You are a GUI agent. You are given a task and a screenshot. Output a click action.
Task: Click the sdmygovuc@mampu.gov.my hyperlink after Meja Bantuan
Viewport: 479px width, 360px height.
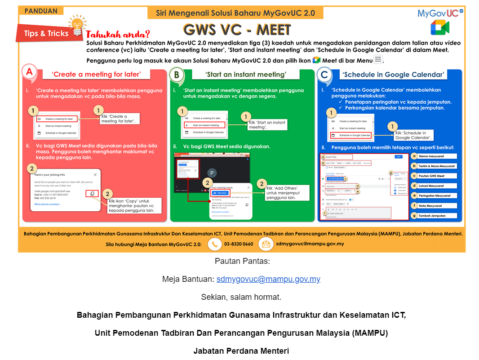coord(268,279)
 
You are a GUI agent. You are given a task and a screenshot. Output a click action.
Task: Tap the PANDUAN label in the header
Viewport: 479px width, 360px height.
coord(41,11)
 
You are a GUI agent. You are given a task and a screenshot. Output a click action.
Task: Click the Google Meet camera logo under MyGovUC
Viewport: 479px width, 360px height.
coord(439,27)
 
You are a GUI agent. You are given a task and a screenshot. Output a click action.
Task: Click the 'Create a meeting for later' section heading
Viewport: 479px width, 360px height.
coord(96,75)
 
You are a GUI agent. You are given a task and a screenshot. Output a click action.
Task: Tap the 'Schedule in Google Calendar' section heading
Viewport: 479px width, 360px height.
coord(393,75)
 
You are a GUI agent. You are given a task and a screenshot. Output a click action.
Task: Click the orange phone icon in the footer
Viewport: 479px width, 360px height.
coord(215,244)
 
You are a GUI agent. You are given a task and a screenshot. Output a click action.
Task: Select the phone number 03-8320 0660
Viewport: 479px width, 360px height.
coord(239,244)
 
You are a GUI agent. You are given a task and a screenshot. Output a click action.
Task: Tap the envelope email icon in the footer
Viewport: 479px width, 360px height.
coord(266,244)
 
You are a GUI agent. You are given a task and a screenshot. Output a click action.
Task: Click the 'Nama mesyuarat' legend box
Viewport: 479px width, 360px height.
coord(435,156)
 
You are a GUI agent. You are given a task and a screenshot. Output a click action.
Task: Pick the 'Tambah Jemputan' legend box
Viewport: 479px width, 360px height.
coord(435,216)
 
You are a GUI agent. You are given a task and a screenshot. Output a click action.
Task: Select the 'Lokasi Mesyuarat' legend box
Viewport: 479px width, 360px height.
coord(435,186)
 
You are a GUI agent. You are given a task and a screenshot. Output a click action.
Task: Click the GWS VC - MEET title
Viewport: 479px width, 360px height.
coord(237,30)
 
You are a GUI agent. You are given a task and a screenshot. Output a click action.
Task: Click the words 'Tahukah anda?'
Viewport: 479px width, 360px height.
coord(118,35)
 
